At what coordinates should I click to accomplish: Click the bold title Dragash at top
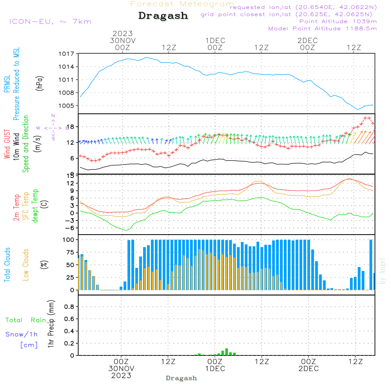click(163, 16)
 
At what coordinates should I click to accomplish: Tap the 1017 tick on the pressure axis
click(68, 54)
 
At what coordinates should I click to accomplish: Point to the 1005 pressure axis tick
click(68, 106)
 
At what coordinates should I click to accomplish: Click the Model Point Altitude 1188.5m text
click(322, 28)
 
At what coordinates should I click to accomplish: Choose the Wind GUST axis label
click(7, 145)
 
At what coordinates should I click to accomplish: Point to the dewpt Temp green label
click(35, 206)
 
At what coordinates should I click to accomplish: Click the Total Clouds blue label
click(7, 265)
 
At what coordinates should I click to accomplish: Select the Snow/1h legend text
click(22, 334)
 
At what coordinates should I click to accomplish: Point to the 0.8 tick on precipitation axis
click(69, 307)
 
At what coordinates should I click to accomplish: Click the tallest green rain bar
click(226, 352)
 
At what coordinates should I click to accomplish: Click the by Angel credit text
click(382, 271)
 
